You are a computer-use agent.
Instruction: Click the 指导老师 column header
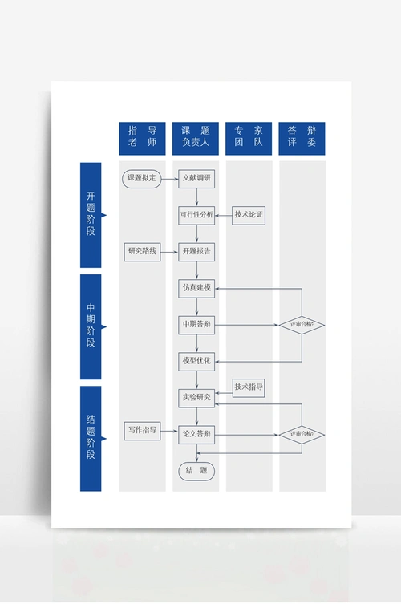(x=143, y=138)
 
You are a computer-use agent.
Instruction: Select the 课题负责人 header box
(x=196, y=138)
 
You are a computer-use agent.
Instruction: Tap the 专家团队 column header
(x=249, y=138)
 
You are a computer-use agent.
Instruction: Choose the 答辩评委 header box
(x=302, y=138)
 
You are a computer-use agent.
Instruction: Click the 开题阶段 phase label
(x=91, y=214)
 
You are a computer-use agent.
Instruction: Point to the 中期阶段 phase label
(x=91, y=326)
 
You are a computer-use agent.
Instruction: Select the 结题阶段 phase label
(x=91, y=438)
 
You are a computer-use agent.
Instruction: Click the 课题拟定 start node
(x=142, y=178)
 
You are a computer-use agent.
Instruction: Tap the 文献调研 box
(x=196, y=178)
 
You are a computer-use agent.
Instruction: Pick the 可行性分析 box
(x=196, y=215)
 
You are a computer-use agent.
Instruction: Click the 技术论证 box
(x=249, y=215)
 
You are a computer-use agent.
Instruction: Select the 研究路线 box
(x=142, y=252)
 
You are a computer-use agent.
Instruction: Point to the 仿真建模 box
(x=196, y=288)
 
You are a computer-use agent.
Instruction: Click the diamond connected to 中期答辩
(x=302, y=325)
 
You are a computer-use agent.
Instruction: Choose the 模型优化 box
(x=196, y=362)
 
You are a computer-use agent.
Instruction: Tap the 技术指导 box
(x=249, y=387)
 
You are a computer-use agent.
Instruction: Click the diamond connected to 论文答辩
(x=302, y=435)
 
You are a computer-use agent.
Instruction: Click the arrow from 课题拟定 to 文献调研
(x=169, y=178)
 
